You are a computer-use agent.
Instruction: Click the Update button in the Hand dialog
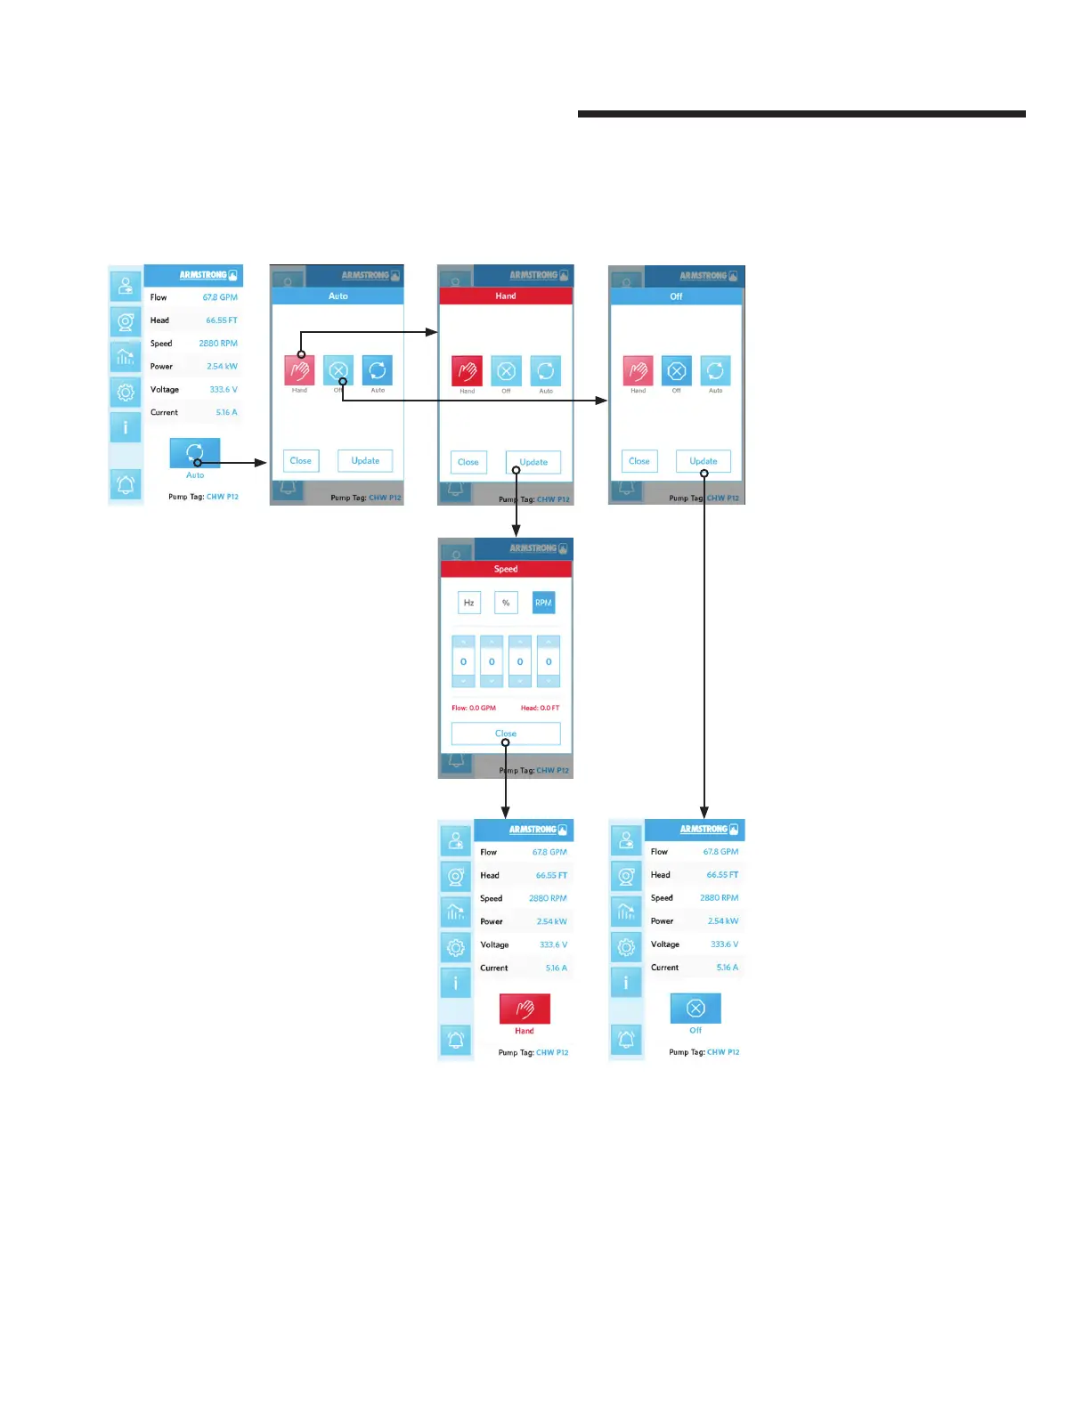533,462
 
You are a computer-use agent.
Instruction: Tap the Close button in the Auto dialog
301,461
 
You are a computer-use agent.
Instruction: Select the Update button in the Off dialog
704,461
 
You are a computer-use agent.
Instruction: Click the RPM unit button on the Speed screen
543,603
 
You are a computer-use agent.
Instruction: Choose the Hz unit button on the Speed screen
469,603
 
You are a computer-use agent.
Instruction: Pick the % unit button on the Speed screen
506,603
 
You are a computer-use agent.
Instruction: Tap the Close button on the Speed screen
506,733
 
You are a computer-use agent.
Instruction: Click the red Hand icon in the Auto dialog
300,370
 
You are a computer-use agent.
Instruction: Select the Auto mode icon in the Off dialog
716,370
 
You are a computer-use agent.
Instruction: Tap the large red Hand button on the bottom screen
525,1009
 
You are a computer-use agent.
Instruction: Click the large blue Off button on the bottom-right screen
695,1008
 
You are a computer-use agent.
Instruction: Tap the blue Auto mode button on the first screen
195,453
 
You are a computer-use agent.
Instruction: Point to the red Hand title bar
506,296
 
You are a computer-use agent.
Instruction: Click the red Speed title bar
506,569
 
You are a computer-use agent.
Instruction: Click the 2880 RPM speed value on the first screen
218,344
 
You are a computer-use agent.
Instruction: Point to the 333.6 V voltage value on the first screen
224,390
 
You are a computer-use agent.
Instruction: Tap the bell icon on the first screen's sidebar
126,485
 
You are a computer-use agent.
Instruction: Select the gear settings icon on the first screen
126,392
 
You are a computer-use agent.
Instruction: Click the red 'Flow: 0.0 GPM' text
474,709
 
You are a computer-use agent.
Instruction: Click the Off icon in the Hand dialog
507,370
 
